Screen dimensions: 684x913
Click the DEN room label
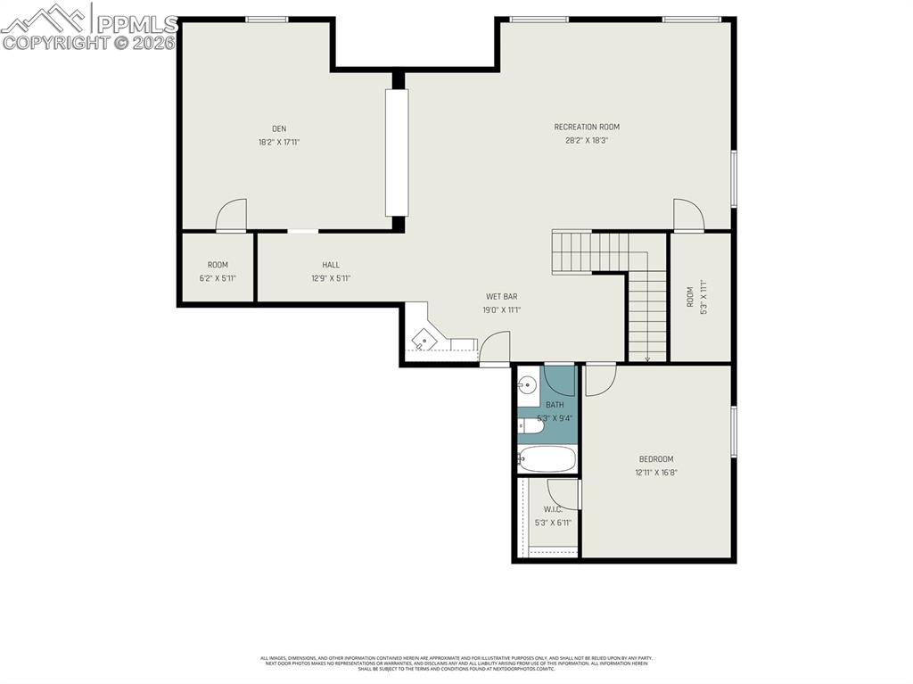(x=279, y=128)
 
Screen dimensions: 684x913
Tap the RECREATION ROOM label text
(x=587, y=127)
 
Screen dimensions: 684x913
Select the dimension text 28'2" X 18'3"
(x=587, y=140)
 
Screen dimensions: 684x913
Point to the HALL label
(x=331, y=265)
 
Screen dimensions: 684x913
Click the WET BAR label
(x=501, y=296)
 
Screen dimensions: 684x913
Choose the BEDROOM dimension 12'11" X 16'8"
(x=656, y=473)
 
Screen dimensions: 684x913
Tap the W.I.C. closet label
(x=553, y=509)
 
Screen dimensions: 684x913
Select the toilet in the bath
(x=531, y=427)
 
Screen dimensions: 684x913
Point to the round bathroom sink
(x=528, y=386)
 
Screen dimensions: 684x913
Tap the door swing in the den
(x=232, y=215)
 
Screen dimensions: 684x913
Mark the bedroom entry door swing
(x=600, y=379)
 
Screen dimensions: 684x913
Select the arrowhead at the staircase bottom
(x=647, y=358)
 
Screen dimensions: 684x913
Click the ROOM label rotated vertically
(x=689, y=297)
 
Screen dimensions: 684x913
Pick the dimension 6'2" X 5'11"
(x=218, y=278)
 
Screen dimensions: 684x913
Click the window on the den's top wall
(x=267, y=19)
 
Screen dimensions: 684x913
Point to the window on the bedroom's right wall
(x=734, y=434)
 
